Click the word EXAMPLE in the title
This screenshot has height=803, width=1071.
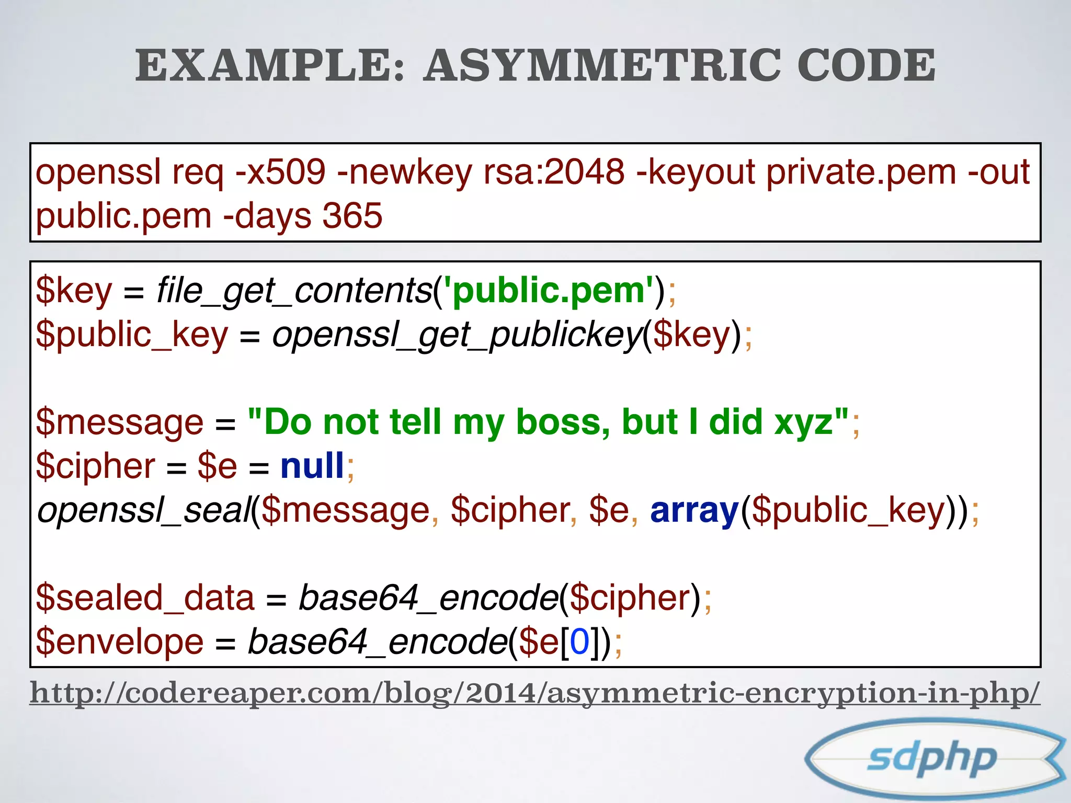coord(269,65)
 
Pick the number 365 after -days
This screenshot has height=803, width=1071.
coord(352,215)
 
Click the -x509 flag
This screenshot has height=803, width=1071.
coord(280,172)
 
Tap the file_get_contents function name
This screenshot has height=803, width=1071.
coord(294,291)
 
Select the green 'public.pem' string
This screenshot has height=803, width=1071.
coord(549,291)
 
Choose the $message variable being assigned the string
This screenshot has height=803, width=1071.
coord(120,422)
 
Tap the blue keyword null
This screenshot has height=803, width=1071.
coord(312,466)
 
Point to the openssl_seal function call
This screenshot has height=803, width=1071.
coord(144,510)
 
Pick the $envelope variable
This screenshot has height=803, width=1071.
coord(120,642)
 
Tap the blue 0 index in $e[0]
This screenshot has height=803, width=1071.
coord(579,642)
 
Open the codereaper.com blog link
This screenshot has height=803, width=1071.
coord(534,693)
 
